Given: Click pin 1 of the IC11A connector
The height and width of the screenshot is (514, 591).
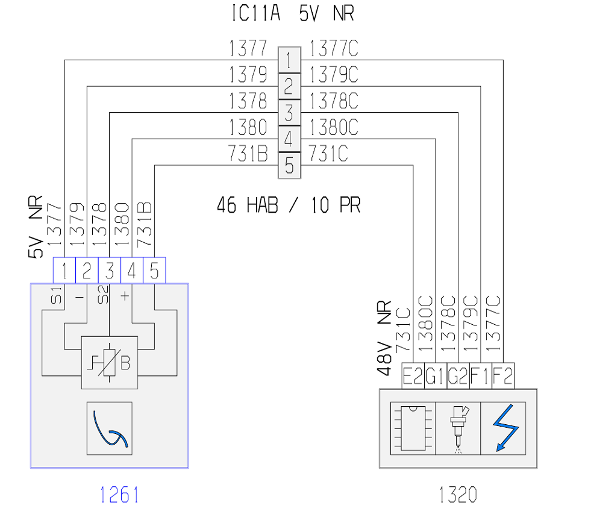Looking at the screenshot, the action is click(289, 60).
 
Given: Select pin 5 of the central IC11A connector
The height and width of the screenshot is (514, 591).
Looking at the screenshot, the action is click(289, 165).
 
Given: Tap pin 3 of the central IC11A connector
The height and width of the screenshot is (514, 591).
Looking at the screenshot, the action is click(289, 112).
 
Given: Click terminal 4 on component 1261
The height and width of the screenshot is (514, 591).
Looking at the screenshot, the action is click(131, 271).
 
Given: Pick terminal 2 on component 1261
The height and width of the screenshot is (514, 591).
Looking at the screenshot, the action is click(87, 271).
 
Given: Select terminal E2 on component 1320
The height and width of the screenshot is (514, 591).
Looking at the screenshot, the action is click(413, 375).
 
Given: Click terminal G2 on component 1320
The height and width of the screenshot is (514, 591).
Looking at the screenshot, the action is click(458, 375).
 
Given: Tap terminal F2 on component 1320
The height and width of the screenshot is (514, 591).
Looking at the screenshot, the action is click(503, 375).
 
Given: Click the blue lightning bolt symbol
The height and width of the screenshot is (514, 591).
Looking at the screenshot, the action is click(506, 428).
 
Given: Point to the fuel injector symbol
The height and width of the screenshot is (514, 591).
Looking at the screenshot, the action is click(458, 429).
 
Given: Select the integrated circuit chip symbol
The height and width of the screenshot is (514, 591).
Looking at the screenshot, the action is click(413, 428).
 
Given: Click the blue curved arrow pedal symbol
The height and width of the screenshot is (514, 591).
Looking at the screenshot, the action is click(110, 429).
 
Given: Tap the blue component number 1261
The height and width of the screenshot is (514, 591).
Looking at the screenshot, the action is click(119, 495).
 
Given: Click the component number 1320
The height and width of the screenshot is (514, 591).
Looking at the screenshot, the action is click(458, 495).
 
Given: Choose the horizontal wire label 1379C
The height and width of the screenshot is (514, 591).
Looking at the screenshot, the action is click(334, 74).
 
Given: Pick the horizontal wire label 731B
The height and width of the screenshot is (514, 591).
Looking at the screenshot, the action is click(248, 154).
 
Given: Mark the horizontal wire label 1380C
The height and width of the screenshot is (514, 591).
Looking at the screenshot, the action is click(334, 127).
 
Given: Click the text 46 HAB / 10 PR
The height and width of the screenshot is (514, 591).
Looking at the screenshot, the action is click(289, 205).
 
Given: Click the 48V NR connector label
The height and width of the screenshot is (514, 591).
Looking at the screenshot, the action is click(384, 338).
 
